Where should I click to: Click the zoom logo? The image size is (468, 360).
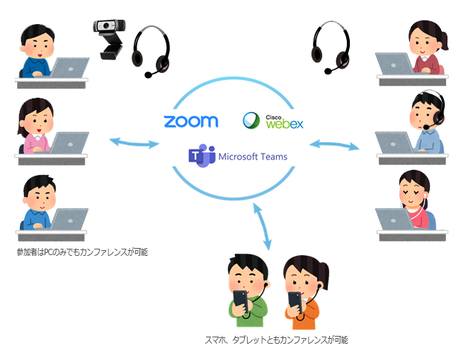click(x=190, y=121)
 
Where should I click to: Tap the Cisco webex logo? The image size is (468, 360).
click(x=273, y=121)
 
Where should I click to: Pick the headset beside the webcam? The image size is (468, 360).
click(x=152, y=50)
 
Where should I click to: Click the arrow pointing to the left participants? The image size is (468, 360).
click(x=134, y=144)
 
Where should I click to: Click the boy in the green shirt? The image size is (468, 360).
click(x=247, y=290)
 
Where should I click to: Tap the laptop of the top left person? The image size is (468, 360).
click(x=70, y=68)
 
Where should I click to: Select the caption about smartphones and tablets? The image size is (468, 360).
click(x=275, y=341)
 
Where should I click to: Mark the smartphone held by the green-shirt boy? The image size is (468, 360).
click(x=241, y=301)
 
